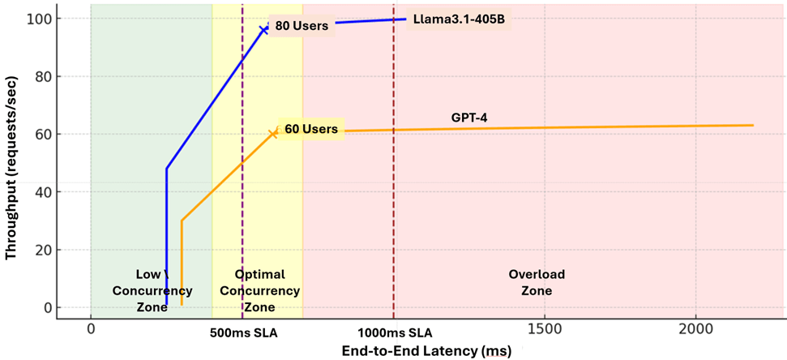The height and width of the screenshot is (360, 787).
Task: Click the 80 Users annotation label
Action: [x=302, y=25]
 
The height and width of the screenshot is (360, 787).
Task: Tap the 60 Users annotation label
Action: [x=311, y=129]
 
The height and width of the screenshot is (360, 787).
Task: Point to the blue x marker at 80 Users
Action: [x=263, y=29]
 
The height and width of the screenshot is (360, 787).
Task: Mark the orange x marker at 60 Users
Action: [x=273, y=134]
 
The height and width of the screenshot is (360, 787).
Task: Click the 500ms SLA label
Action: [x=242, y=332]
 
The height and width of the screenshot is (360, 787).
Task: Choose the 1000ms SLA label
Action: [x=395, y=332]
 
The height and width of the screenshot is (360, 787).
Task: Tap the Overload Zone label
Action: [x=536, y=282]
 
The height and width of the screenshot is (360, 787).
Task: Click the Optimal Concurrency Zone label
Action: [x=259, y=290]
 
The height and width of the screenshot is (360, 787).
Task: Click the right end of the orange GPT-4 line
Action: [x=753, y=126]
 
